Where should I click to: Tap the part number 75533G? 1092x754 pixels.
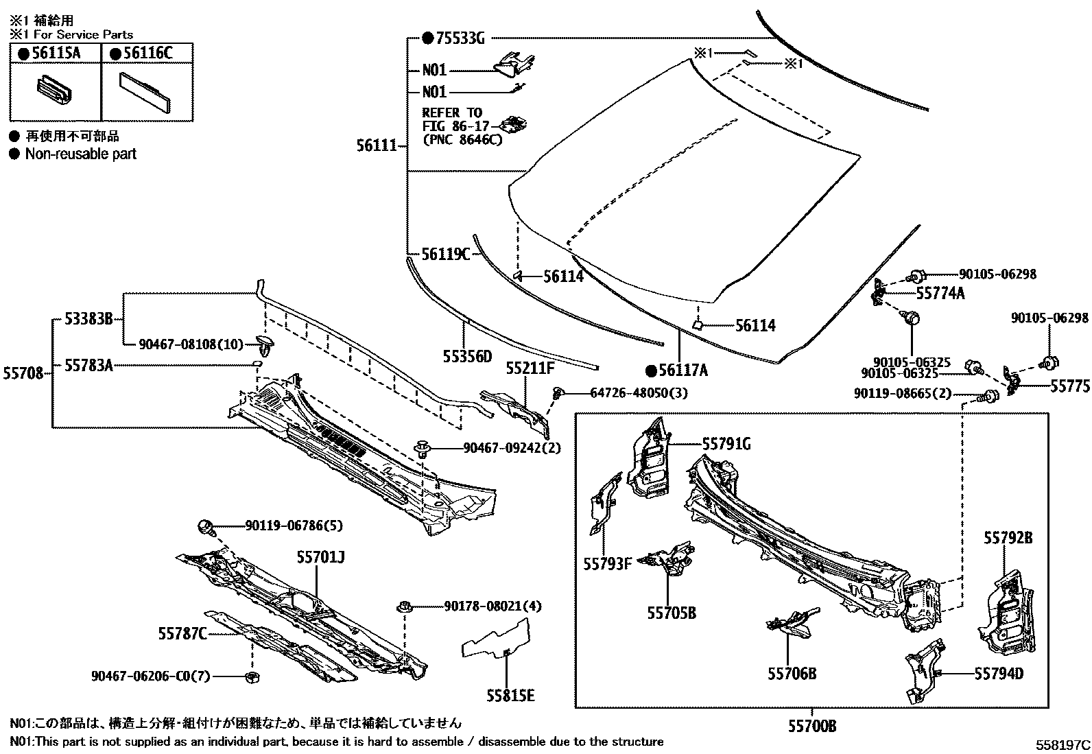459,38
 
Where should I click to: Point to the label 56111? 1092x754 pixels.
376,145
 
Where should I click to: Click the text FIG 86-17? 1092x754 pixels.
453,126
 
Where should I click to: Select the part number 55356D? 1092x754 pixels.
467,356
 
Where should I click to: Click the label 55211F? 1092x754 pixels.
530,368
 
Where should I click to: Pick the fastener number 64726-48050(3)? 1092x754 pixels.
638,392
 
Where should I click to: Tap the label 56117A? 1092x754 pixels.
682,371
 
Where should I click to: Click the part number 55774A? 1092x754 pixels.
940,294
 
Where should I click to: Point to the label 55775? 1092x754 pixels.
1069,386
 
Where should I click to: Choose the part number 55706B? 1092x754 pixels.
792,674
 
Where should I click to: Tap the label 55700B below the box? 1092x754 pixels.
811,726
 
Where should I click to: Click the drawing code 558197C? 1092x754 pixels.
1063,744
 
